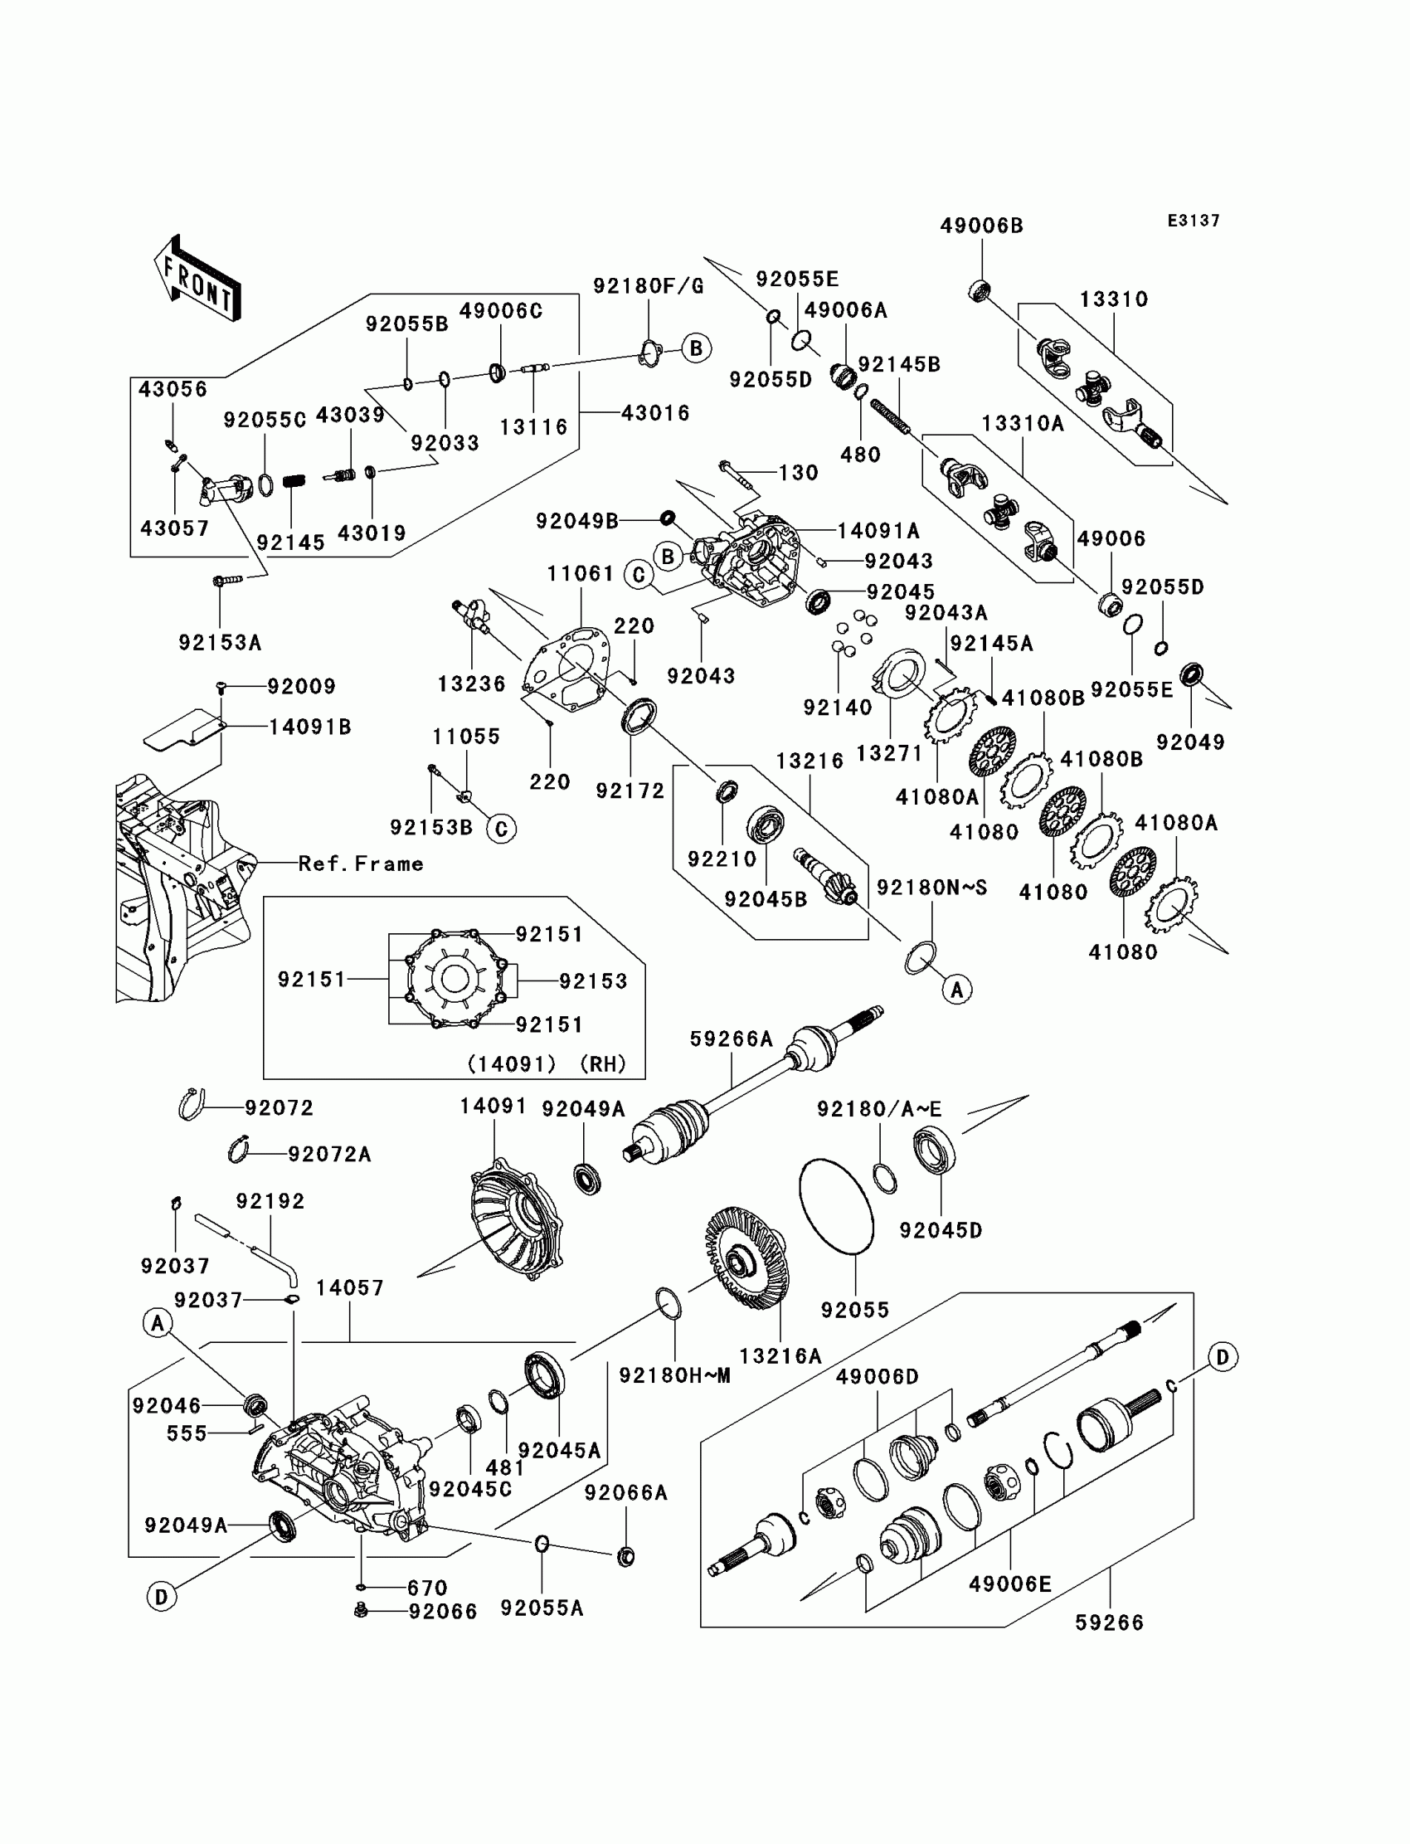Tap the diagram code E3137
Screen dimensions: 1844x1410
(1194, 221)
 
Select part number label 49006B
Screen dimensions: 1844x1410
(981, 226)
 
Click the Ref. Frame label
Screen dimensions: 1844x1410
(361, 864)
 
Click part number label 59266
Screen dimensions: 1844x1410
(1110, 1623)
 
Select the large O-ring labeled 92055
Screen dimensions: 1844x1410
(836, 1207)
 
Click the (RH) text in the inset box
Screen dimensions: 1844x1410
(604, 1064)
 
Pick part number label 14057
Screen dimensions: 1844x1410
(350, 1287)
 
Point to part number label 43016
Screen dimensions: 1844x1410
(655, 413)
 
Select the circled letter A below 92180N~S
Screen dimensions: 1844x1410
(957, 990)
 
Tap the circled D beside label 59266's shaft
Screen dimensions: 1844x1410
(1223, 1357)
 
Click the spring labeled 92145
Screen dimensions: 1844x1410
(293, 482)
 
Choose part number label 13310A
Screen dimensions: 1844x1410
(1022, 424)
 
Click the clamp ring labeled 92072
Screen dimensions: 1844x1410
(192, 1104)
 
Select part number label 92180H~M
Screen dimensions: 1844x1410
(675, 1375)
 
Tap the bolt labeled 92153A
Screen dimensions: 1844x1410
(227, 579)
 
